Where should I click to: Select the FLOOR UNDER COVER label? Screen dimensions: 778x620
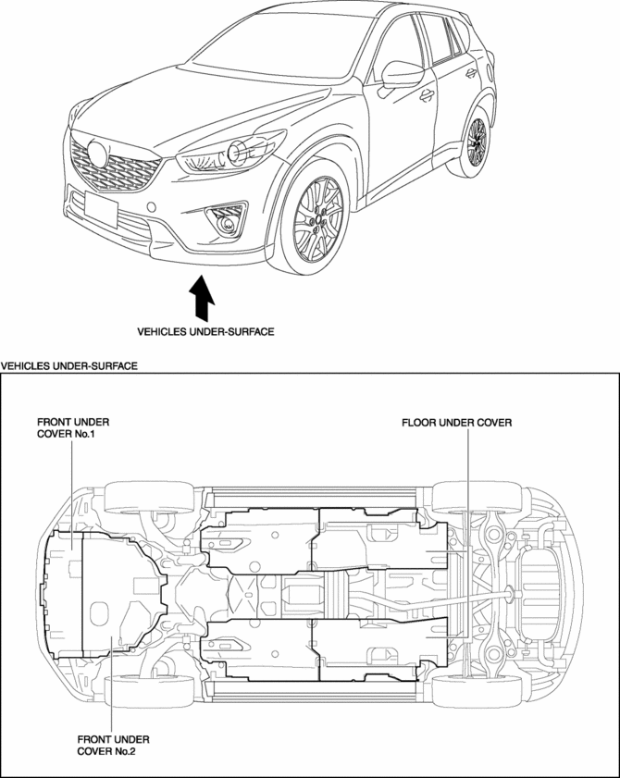coord(456,423)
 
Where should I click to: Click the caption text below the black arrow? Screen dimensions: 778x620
coord(205,329)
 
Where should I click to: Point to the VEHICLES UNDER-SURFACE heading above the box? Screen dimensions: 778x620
coord(69,366)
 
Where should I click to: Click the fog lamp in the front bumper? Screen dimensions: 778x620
coord(223,220)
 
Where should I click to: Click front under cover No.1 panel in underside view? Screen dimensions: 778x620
coord(66,592)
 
